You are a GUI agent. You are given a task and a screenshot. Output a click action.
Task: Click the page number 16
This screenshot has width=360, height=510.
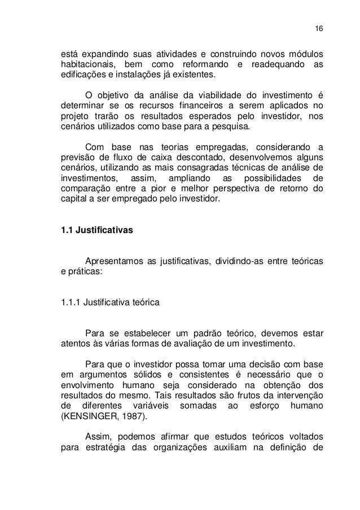pos(317,29)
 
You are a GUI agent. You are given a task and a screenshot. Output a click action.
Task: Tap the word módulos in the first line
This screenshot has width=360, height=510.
pos(305,54)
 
